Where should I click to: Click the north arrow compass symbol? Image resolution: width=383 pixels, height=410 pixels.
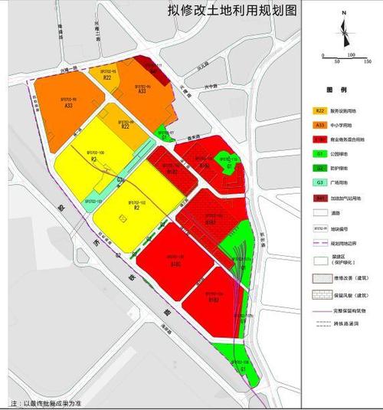(346, 31)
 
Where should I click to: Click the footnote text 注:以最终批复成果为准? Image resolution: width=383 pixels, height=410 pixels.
(46, 402)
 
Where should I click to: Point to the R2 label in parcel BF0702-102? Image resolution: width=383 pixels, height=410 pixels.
(136, 207)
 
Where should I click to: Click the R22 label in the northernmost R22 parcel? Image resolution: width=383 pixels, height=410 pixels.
(107, 78)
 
